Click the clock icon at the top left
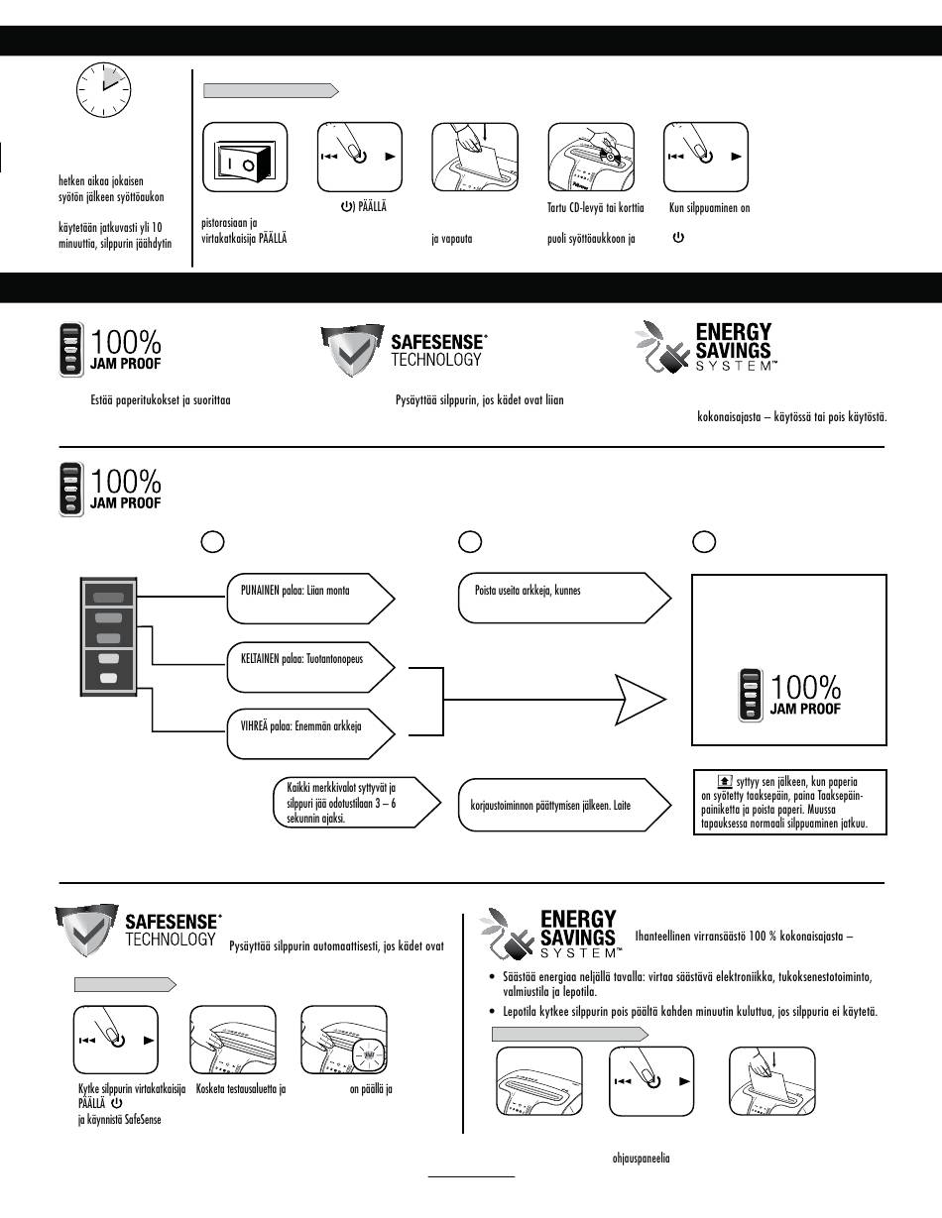point(104,89)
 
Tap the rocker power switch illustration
point(245,162)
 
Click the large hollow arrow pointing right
point(641,700)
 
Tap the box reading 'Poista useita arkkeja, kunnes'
point(564,598)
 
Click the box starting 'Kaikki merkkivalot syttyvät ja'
point(357,803)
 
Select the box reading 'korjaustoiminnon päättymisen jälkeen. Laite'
point(564,805)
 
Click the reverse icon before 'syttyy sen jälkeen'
point(725,781)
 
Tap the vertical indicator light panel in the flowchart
point(108,636)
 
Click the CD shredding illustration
point(591,158)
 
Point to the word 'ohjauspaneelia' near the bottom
point(641,1158)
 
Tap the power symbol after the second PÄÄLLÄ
point(117,1103)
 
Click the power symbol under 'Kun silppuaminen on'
point(678,237)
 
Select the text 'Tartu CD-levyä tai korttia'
point(596,208)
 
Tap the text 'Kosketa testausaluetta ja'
point(241,1089)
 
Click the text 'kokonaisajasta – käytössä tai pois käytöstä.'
point(791,416)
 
